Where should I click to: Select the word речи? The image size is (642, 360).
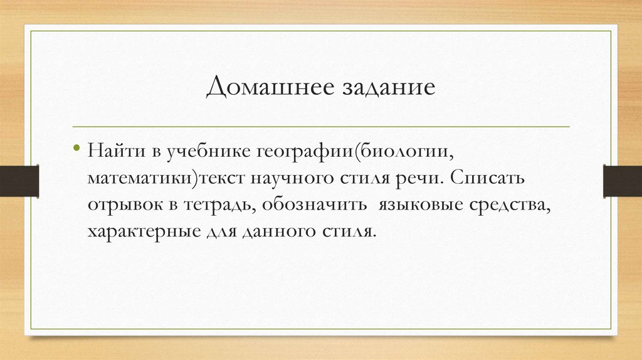[x=417, y=179]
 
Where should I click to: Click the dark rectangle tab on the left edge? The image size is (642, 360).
[x=19, y=180]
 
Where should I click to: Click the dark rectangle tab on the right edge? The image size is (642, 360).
[x=622, y=180]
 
